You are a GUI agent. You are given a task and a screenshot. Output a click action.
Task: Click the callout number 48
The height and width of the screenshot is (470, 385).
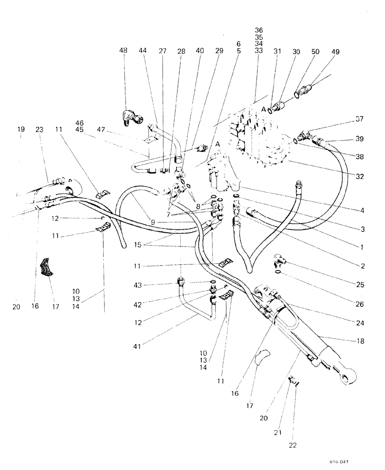coord(124,52)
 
